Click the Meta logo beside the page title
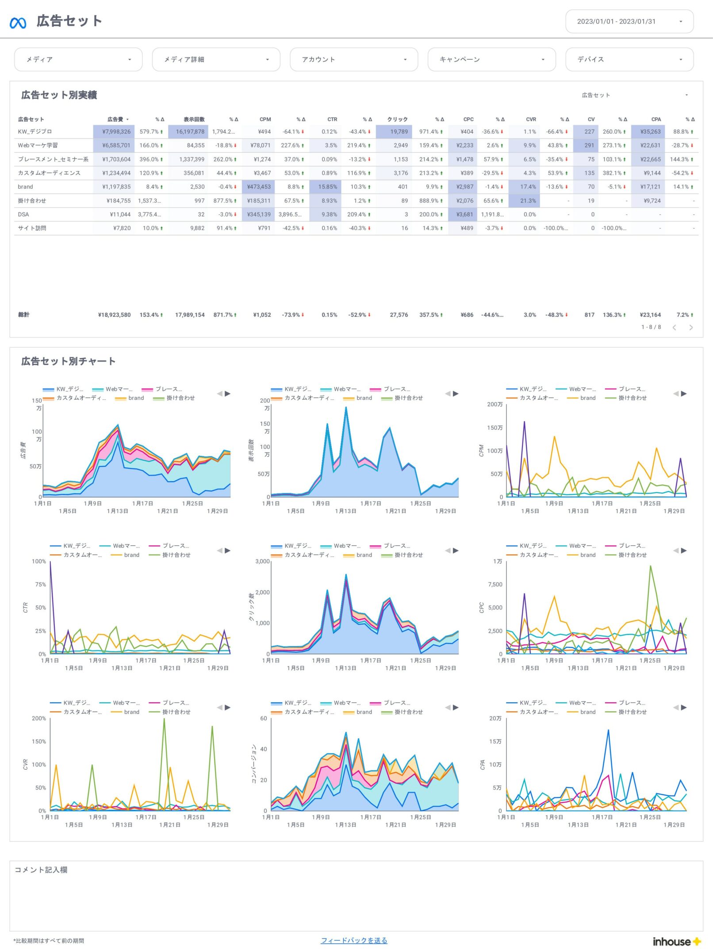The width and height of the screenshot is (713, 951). click(18, 22)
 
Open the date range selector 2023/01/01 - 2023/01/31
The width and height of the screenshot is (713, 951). click(629, 21)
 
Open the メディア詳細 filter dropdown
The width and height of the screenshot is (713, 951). click(216, 59)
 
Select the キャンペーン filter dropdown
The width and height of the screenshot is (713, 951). click(491, 59)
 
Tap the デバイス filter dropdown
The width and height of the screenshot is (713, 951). click(629, 59)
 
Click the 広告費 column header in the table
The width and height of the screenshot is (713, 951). click(115, 119)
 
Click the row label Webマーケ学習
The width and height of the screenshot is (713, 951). click(38, 146)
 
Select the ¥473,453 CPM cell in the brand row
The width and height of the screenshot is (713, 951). click(259, 187)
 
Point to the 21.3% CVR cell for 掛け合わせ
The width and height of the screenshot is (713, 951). click(528, 201)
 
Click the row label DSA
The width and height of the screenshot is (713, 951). click(23, 215)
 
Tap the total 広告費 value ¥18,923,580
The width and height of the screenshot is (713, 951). click(114, 315)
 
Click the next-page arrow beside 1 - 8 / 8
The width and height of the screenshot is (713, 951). click(691, 327)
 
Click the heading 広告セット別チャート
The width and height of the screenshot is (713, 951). click(69, 362)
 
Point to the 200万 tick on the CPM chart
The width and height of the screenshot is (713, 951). click(495, 404)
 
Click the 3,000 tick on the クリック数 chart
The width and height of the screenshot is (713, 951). click(262, 562)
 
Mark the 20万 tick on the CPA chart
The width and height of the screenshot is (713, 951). click(495, 719)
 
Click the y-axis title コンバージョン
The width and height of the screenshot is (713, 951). click(254, 764)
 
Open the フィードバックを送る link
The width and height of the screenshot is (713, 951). click(354, 940)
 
